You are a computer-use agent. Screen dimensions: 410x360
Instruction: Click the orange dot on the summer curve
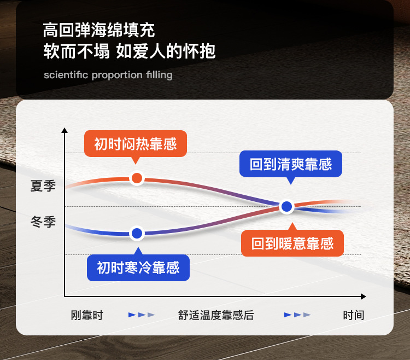[x=137, y=178]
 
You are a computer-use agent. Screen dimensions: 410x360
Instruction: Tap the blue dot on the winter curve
[x=137, y=234]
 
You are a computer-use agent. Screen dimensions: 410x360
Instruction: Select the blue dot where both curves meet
[x=287, y=206]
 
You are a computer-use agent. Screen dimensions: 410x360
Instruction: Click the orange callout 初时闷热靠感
[x=136, y=144]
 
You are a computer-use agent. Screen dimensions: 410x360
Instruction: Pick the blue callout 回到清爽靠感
[x=291, y=164]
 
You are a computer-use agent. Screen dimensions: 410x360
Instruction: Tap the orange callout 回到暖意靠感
[x=292, y=243]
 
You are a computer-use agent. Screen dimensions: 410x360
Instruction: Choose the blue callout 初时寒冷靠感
[x=138, y=268]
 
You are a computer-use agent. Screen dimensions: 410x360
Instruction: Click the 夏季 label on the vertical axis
[x=43, y=186]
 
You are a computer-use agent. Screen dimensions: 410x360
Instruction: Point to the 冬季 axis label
[x=43, y=222]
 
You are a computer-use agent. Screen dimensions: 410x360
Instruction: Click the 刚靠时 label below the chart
[x=87, y=315]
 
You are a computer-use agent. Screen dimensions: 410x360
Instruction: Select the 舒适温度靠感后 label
[x=216, y=315]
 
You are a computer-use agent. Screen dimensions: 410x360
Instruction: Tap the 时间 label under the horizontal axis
[x=354, y=315]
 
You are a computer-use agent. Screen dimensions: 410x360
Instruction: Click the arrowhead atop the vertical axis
[x=65, y=130]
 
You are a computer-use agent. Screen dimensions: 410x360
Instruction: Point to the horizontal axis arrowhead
[x=363, y=297]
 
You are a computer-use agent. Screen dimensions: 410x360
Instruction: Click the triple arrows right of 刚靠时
[x=142, y=315]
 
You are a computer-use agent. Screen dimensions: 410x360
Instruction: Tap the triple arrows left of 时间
[x=297, y=315]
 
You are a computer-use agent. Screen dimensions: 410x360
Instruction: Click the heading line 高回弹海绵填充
[x=99, y=30]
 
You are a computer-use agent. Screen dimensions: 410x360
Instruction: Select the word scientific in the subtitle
[x=66, y=75]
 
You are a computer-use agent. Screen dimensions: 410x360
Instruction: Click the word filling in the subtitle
[x=159, y=75]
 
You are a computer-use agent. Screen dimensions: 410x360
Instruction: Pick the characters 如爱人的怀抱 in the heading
[x=166, y=51]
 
